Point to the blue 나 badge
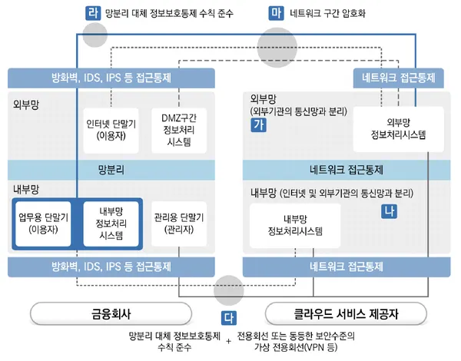388,210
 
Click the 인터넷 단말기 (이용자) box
111,130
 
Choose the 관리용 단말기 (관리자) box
178,223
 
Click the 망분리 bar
111,169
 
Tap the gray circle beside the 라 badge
95,34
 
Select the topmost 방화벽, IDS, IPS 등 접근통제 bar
111,78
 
